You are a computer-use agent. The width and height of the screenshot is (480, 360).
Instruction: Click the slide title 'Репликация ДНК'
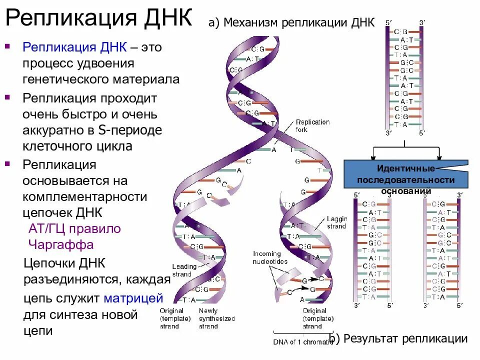click(x=98, y=18)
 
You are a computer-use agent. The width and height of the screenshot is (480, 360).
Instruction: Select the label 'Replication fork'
click(x=312, y=126)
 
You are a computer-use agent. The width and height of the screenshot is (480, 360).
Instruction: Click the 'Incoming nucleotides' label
click(x=270, y=257)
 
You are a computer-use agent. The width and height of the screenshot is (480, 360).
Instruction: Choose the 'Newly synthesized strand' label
click(x=216, y=318)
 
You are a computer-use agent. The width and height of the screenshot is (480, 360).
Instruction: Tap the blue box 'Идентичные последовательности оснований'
click(x=405, y=174)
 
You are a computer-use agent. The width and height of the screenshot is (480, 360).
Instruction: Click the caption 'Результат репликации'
click(x=404, y=338)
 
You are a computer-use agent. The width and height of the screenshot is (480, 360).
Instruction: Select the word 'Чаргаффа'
click(x=61, y=245)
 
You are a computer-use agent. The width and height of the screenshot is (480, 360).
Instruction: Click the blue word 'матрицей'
click(x=133, y=298)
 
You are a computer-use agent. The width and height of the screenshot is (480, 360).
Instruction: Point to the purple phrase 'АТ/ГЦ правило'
click(x=74, y=229)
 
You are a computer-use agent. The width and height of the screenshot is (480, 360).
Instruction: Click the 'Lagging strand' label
click(x=336, y=222)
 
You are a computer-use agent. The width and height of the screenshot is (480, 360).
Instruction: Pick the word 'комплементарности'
click(x=85, y=196)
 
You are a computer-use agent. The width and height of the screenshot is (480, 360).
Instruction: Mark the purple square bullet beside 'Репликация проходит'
click(x=7, y=95)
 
